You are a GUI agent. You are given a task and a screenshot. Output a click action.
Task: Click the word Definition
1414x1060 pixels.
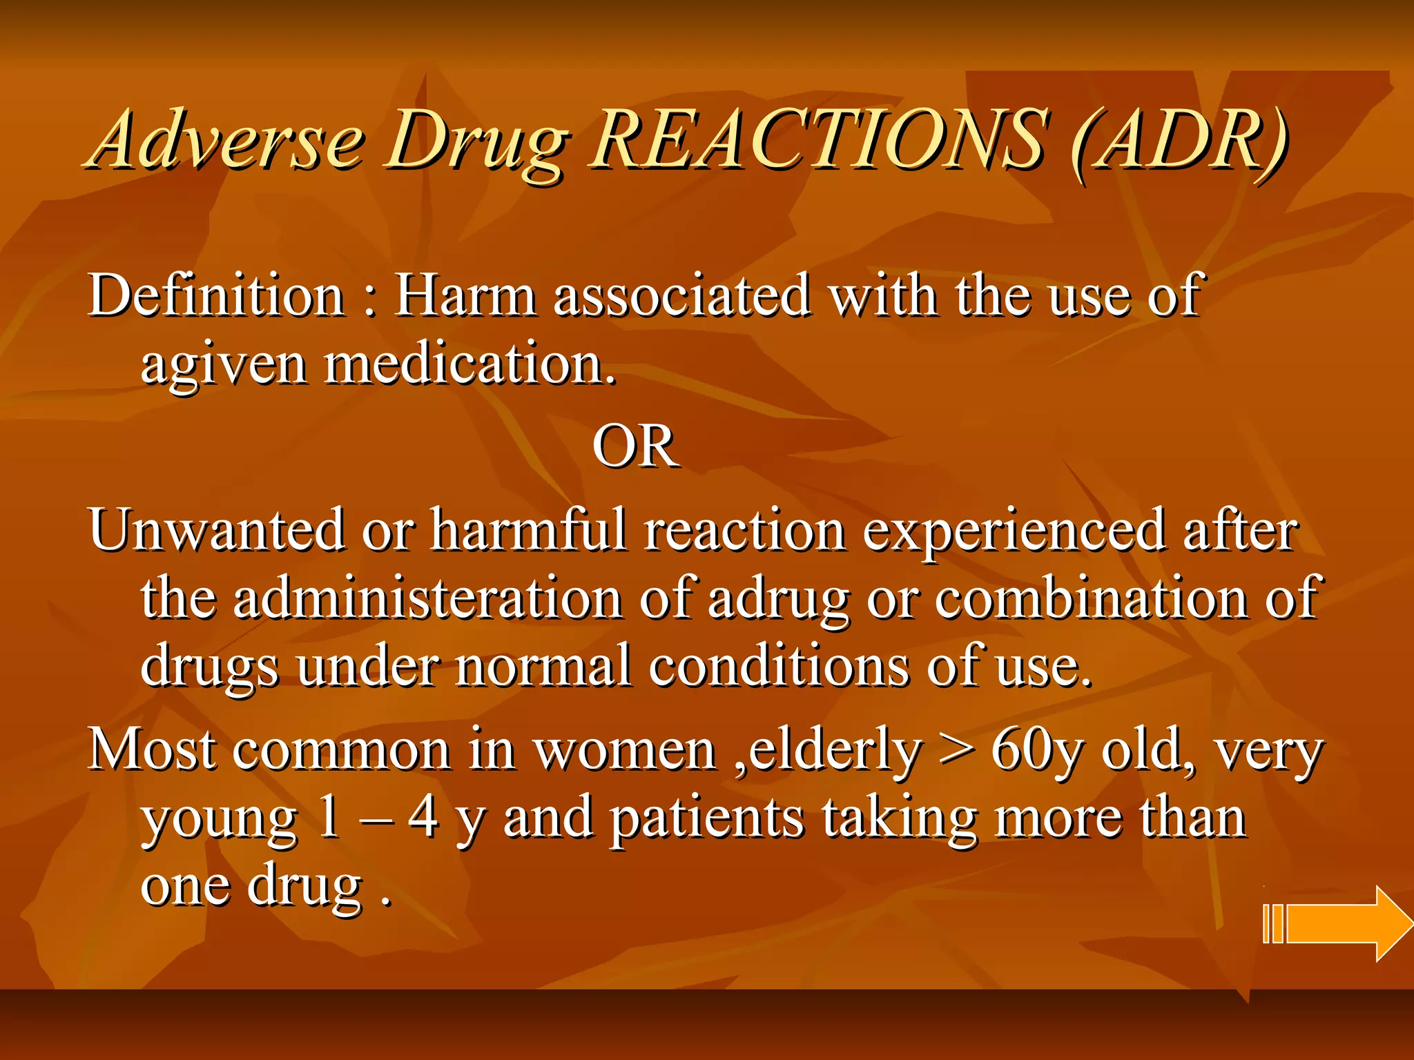[216, 295]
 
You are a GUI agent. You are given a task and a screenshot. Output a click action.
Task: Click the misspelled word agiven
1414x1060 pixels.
[223, 366]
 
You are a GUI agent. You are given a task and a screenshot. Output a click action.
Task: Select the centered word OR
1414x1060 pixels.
[635, 446]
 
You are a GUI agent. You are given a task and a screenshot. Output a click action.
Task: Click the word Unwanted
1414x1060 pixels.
[216, 530]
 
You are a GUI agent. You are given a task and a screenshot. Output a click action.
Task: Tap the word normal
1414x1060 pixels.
[543, 665]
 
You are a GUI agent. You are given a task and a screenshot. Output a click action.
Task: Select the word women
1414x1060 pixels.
[626, 751]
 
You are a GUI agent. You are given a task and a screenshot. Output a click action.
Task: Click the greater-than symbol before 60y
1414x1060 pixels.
[957, 751]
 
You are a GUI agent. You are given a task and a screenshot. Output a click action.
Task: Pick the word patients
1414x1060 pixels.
[708, 820]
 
